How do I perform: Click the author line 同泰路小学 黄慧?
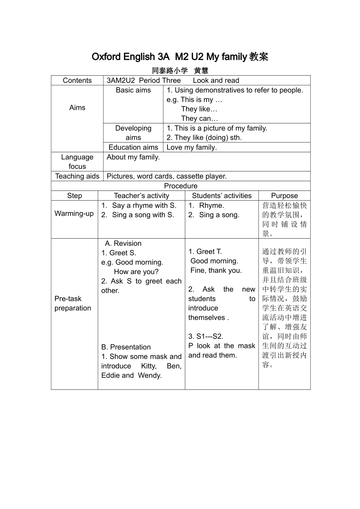pos(180,70)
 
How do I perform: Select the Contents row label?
pos(77,80)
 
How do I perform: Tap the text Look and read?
pos(216,80)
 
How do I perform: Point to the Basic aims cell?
pos(133,90)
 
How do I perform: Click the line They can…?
pos(199,119)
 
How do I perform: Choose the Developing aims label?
pos(133,133)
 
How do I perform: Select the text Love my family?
pos(192,147)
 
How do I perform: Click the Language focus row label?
pos(77,162)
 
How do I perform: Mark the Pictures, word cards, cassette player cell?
pos(167,176)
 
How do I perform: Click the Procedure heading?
pos(181,186)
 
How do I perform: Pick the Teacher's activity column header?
pos(141,196)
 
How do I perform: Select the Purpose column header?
pos(285,196)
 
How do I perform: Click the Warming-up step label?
pos(74,214)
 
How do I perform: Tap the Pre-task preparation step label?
pos(73,303)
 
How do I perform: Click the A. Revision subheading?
pos(123,244)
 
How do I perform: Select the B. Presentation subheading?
pos(126,347)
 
